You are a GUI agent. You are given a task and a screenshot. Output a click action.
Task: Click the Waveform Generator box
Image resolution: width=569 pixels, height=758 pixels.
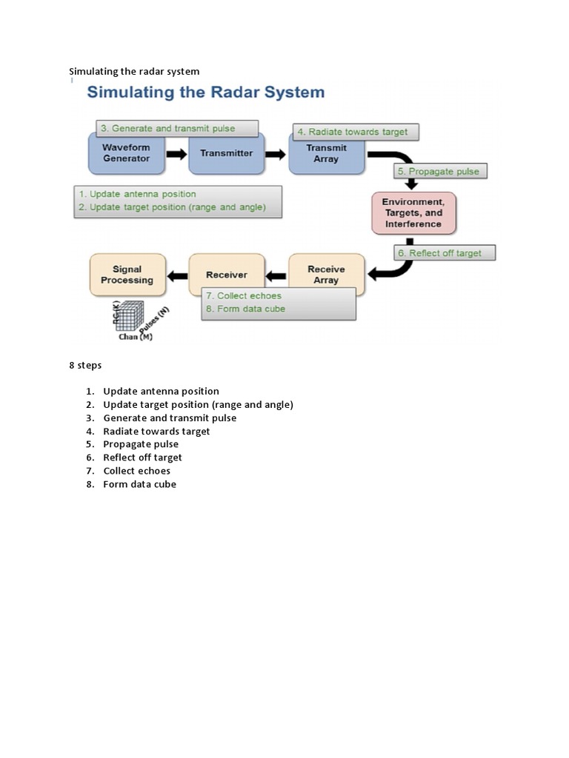(126, 153)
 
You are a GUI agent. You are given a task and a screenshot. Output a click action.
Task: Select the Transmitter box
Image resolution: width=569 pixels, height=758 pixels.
(226, 153)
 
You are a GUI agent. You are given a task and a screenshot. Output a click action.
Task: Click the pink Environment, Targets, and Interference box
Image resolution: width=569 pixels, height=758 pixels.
(413, 212)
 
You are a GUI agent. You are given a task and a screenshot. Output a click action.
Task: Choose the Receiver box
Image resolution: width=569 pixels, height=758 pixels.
(226, 275)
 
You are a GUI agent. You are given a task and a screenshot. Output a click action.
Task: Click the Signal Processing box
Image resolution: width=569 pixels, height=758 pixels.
(127, 275)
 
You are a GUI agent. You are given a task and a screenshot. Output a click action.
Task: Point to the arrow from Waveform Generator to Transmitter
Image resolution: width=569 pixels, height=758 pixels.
(176, 154)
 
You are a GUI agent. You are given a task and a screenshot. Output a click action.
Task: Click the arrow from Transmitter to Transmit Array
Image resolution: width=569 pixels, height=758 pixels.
(276, 154)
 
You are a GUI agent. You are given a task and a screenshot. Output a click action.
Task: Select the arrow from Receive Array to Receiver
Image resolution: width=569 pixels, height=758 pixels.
(276, 276)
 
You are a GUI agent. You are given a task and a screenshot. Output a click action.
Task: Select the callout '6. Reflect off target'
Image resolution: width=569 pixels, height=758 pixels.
(445, 253)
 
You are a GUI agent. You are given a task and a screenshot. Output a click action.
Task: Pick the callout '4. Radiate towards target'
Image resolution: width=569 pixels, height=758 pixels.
(356, 133)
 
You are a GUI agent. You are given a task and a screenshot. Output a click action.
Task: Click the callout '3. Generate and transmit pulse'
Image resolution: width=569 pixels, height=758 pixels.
(176, 128)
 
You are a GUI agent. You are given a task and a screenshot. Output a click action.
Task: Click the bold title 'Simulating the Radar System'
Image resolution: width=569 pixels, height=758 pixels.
(206, 93)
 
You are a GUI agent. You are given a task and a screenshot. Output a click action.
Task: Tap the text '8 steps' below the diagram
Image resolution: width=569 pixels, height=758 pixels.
(85, 365)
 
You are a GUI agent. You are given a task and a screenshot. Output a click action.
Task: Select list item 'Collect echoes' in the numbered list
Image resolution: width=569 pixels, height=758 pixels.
(136, 471)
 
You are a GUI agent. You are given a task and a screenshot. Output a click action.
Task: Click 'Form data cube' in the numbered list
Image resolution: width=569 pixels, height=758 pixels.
(139, 484)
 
